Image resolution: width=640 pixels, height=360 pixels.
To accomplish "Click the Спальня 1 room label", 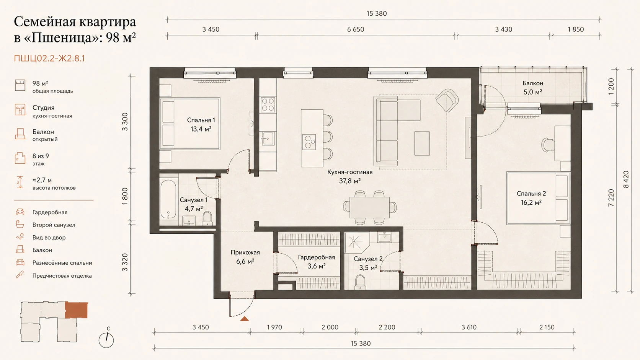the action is click(201, 124).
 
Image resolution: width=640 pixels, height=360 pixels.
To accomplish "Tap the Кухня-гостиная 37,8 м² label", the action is click(350, 176).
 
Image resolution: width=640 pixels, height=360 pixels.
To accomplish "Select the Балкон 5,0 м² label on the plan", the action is click(533, 88).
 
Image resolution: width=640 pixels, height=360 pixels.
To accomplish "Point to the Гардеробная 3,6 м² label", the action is click(316, 262).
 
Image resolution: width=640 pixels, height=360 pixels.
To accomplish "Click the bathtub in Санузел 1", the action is click(168, 199).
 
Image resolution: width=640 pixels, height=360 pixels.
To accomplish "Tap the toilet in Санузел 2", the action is click(360, 282).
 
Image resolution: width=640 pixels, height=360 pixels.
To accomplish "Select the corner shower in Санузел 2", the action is click(357, 243).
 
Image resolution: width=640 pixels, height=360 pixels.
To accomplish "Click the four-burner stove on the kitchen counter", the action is click(268, 104).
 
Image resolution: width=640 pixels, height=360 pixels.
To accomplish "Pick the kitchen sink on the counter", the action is click(268, 139).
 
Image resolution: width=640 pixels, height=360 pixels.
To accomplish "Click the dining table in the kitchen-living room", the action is click(369, 208).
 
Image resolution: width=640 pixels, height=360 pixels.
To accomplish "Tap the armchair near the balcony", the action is click(447, 100).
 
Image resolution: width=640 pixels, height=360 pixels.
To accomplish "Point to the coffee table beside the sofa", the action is click(422, 143).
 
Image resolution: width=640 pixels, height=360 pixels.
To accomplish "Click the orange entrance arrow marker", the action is click(244, 319).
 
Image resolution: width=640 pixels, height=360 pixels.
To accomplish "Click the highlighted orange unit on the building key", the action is click(76, 310).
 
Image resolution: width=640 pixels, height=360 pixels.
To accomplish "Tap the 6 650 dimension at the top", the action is click(356, 29).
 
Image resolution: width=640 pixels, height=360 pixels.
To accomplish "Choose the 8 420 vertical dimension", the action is click(626, 179).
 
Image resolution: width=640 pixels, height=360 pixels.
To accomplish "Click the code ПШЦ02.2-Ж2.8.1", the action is click(49, 58).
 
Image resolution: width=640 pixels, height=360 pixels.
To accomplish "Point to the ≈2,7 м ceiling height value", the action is click(42, 180).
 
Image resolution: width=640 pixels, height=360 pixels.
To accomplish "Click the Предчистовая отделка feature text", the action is click(62, 276).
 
